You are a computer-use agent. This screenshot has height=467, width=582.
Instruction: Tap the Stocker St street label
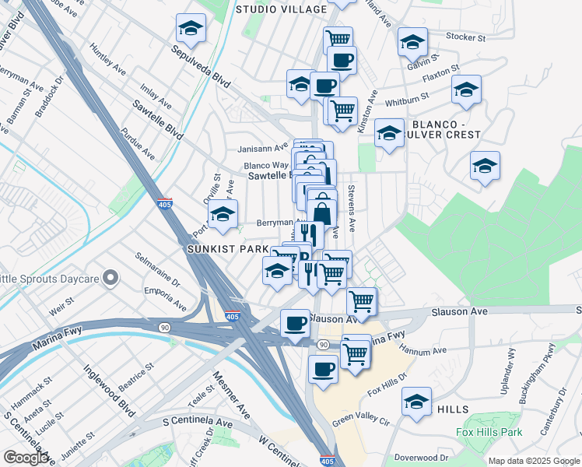(x=465, y=37)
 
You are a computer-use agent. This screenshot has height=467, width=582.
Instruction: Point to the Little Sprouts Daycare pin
(x=110, y=277)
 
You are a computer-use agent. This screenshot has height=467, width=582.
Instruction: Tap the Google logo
(x=26, y=458)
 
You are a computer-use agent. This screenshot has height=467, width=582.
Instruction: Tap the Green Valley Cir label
(x=361, y=421)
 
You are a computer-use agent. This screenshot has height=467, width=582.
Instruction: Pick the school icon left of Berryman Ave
(x=223, y=214)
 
